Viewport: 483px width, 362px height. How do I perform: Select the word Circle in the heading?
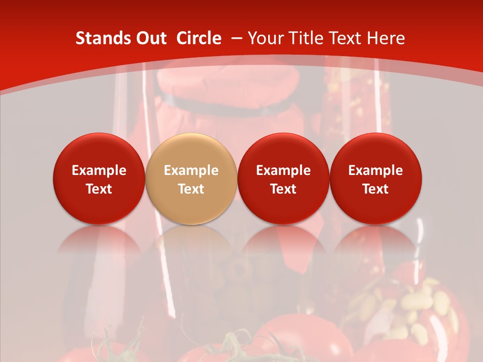click(199, 38)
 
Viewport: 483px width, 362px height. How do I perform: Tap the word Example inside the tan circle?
click(191, 170)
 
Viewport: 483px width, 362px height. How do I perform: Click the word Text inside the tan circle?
click(191, 189)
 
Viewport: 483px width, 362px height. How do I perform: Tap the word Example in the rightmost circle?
click(376, 170)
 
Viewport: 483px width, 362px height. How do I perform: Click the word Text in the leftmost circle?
click(99, 189)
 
